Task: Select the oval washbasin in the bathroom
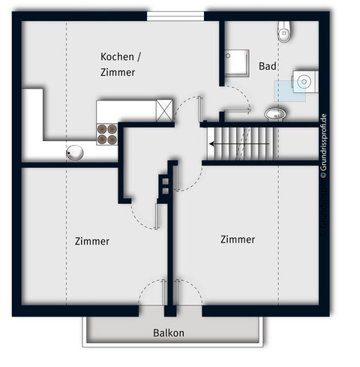[275, 113]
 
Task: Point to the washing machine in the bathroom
[305, 81]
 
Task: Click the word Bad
[268, 66]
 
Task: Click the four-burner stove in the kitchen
[107, 133]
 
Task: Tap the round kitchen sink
[75, 152]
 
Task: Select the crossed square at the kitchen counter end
[164, 110]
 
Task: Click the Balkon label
[169, 332]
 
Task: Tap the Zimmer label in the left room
[92, 241]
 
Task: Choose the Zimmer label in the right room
[237, 239]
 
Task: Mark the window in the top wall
[175, 16]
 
